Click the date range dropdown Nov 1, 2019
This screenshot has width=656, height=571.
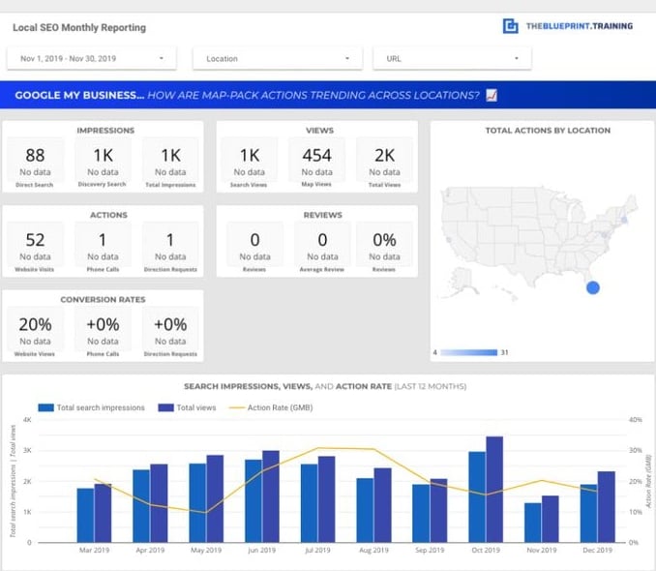(92, 58)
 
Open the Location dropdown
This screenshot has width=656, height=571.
(278, 58)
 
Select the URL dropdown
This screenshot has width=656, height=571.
(452, 58)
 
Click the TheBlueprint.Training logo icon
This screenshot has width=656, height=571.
(510, 26)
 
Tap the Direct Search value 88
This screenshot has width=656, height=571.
(36, 155)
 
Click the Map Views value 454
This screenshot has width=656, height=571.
(316, 155)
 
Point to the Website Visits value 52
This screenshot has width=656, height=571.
(36, 240)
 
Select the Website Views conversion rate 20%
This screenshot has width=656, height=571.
(36, 324)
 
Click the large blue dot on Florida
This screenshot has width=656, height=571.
(593, 287)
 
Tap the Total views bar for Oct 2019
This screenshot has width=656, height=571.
(494, 489)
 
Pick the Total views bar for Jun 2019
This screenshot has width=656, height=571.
(271, 496)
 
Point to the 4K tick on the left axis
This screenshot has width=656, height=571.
(27, 420)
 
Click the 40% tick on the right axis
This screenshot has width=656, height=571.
(635, 420)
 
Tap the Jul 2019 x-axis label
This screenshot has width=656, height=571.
(317, 550)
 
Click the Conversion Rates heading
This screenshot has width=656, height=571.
(103, 299)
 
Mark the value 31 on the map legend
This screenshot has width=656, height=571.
(504, 352)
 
